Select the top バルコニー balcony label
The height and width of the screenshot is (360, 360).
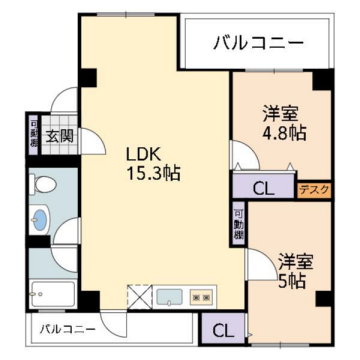point(257,42)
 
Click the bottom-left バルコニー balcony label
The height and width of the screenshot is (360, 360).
point(69,328)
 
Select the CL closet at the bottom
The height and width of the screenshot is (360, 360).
point(222,329)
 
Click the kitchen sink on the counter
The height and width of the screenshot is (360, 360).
point(168,296)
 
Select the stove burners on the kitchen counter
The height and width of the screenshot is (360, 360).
point(201,296)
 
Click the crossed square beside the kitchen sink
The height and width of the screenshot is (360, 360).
point(138,296)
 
